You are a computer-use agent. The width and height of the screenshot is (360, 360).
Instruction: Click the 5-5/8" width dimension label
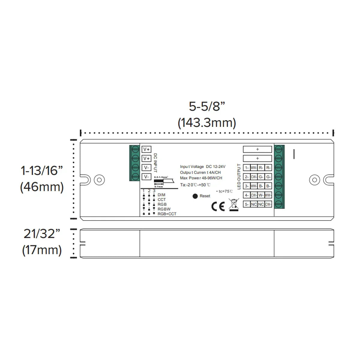pyautogui.click(x=207, y=106)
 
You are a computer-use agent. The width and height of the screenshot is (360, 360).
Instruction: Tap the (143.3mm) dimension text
pyautogui.click(x=207, y=123)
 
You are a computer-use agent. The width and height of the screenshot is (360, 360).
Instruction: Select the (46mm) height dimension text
pyautogui.click(x=42, y=187)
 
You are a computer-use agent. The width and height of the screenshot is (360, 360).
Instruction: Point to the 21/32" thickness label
pyautogui.click(x=42, y=234)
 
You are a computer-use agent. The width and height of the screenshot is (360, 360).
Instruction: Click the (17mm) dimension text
pyautogui.click(x=42, y=250)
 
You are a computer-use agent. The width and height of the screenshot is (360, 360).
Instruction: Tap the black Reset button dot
pyautogui.click(x=195, y=196)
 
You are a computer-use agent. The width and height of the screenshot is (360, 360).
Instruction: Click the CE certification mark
pyautogui.click(x=218, y=206)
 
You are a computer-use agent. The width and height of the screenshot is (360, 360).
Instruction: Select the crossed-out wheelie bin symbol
pyautogui.click(x=234, y=205)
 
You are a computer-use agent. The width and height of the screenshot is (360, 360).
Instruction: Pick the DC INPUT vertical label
pyautogui.click(x=155, y=163)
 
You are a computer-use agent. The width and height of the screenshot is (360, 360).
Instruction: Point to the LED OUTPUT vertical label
pyautogui.click(x=239, y=177)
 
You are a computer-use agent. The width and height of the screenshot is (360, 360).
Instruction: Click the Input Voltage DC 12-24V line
pyautogui.click(x=202, y=166)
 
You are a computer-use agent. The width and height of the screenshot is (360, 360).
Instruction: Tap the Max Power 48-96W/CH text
pyautogui.click(x=201, y=178)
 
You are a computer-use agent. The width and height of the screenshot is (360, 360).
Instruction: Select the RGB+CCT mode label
pyautogui.click(x=167, y=214)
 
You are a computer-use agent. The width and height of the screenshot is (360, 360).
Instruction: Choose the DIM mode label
pyautogui.click(x=161, y=195)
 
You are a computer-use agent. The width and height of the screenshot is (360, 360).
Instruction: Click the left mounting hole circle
pyautogui.click(x=99, y=180)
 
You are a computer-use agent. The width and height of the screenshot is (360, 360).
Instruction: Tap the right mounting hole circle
pyautogui.click(x=314, y=180)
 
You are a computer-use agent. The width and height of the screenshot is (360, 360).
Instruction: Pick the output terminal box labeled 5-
pyautogui.click(x=246, y=204)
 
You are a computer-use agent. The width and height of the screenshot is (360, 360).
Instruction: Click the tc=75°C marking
pyautogui.click(x=224, y=191)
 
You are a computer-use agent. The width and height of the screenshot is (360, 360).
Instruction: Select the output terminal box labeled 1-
pyautogui.click(x=246, y=168)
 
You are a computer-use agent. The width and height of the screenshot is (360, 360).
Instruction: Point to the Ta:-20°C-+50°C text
pyautogui.click(x=195, y=185)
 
